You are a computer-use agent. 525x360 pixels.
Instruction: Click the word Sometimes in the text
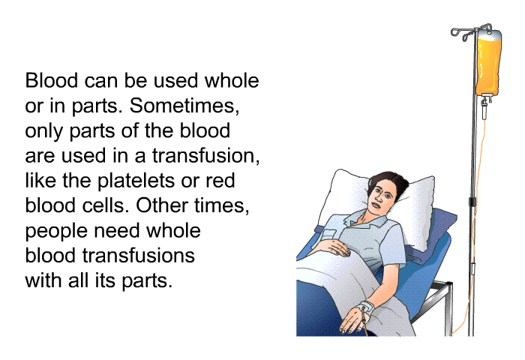pyautogui.click(x=184, y=106)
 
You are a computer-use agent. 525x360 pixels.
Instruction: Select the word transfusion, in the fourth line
pyautogui.click(x=206, y=156)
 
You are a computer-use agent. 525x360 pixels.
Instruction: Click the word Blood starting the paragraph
pyautogui.click(x=52, y=81)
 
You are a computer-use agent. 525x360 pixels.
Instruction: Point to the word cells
pyautogui.click(x=106, y=205)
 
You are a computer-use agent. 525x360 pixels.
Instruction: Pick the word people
pyautogui.click(x=56, y=232)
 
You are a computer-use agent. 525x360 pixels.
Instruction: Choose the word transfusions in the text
pyautogui.click(x=139, y=255)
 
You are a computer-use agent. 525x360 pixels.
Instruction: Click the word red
pyautogui.click(x=220, y=181)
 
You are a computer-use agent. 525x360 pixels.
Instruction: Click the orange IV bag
pyautogui.click(x=488, y=62)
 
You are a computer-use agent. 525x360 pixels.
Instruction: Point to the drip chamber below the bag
pyautogui.click(x=484, y=109)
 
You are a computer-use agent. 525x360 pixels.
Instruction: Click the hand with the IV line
pyautogui.click(x=352, y=322)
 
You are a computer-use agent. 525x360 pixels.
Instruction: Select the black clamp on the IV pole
pyautogui.click(x=472, y=202)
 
